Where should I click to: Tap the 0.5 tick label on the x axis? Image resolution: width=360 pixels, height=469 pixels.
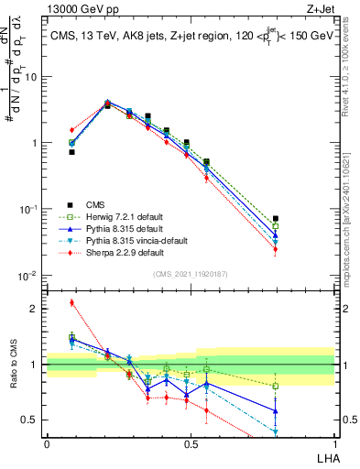pyautogui.click(x=191, y=442)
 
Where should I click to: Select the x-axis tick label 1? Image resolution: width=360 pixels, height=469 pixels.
pyautogui.click(x=334, y=442)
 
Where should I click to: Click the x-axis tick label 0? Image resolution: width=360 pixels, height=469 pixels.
pyautogui.click(x=47, y=442)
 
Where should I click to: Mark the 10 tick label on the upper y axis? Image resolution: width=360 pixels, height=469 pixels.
pyautogui.click(x=31, y=77)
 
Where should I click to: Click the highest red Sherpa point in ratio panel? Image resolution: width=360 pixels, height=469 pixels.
pyautogui.click(x=71, y=302)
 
